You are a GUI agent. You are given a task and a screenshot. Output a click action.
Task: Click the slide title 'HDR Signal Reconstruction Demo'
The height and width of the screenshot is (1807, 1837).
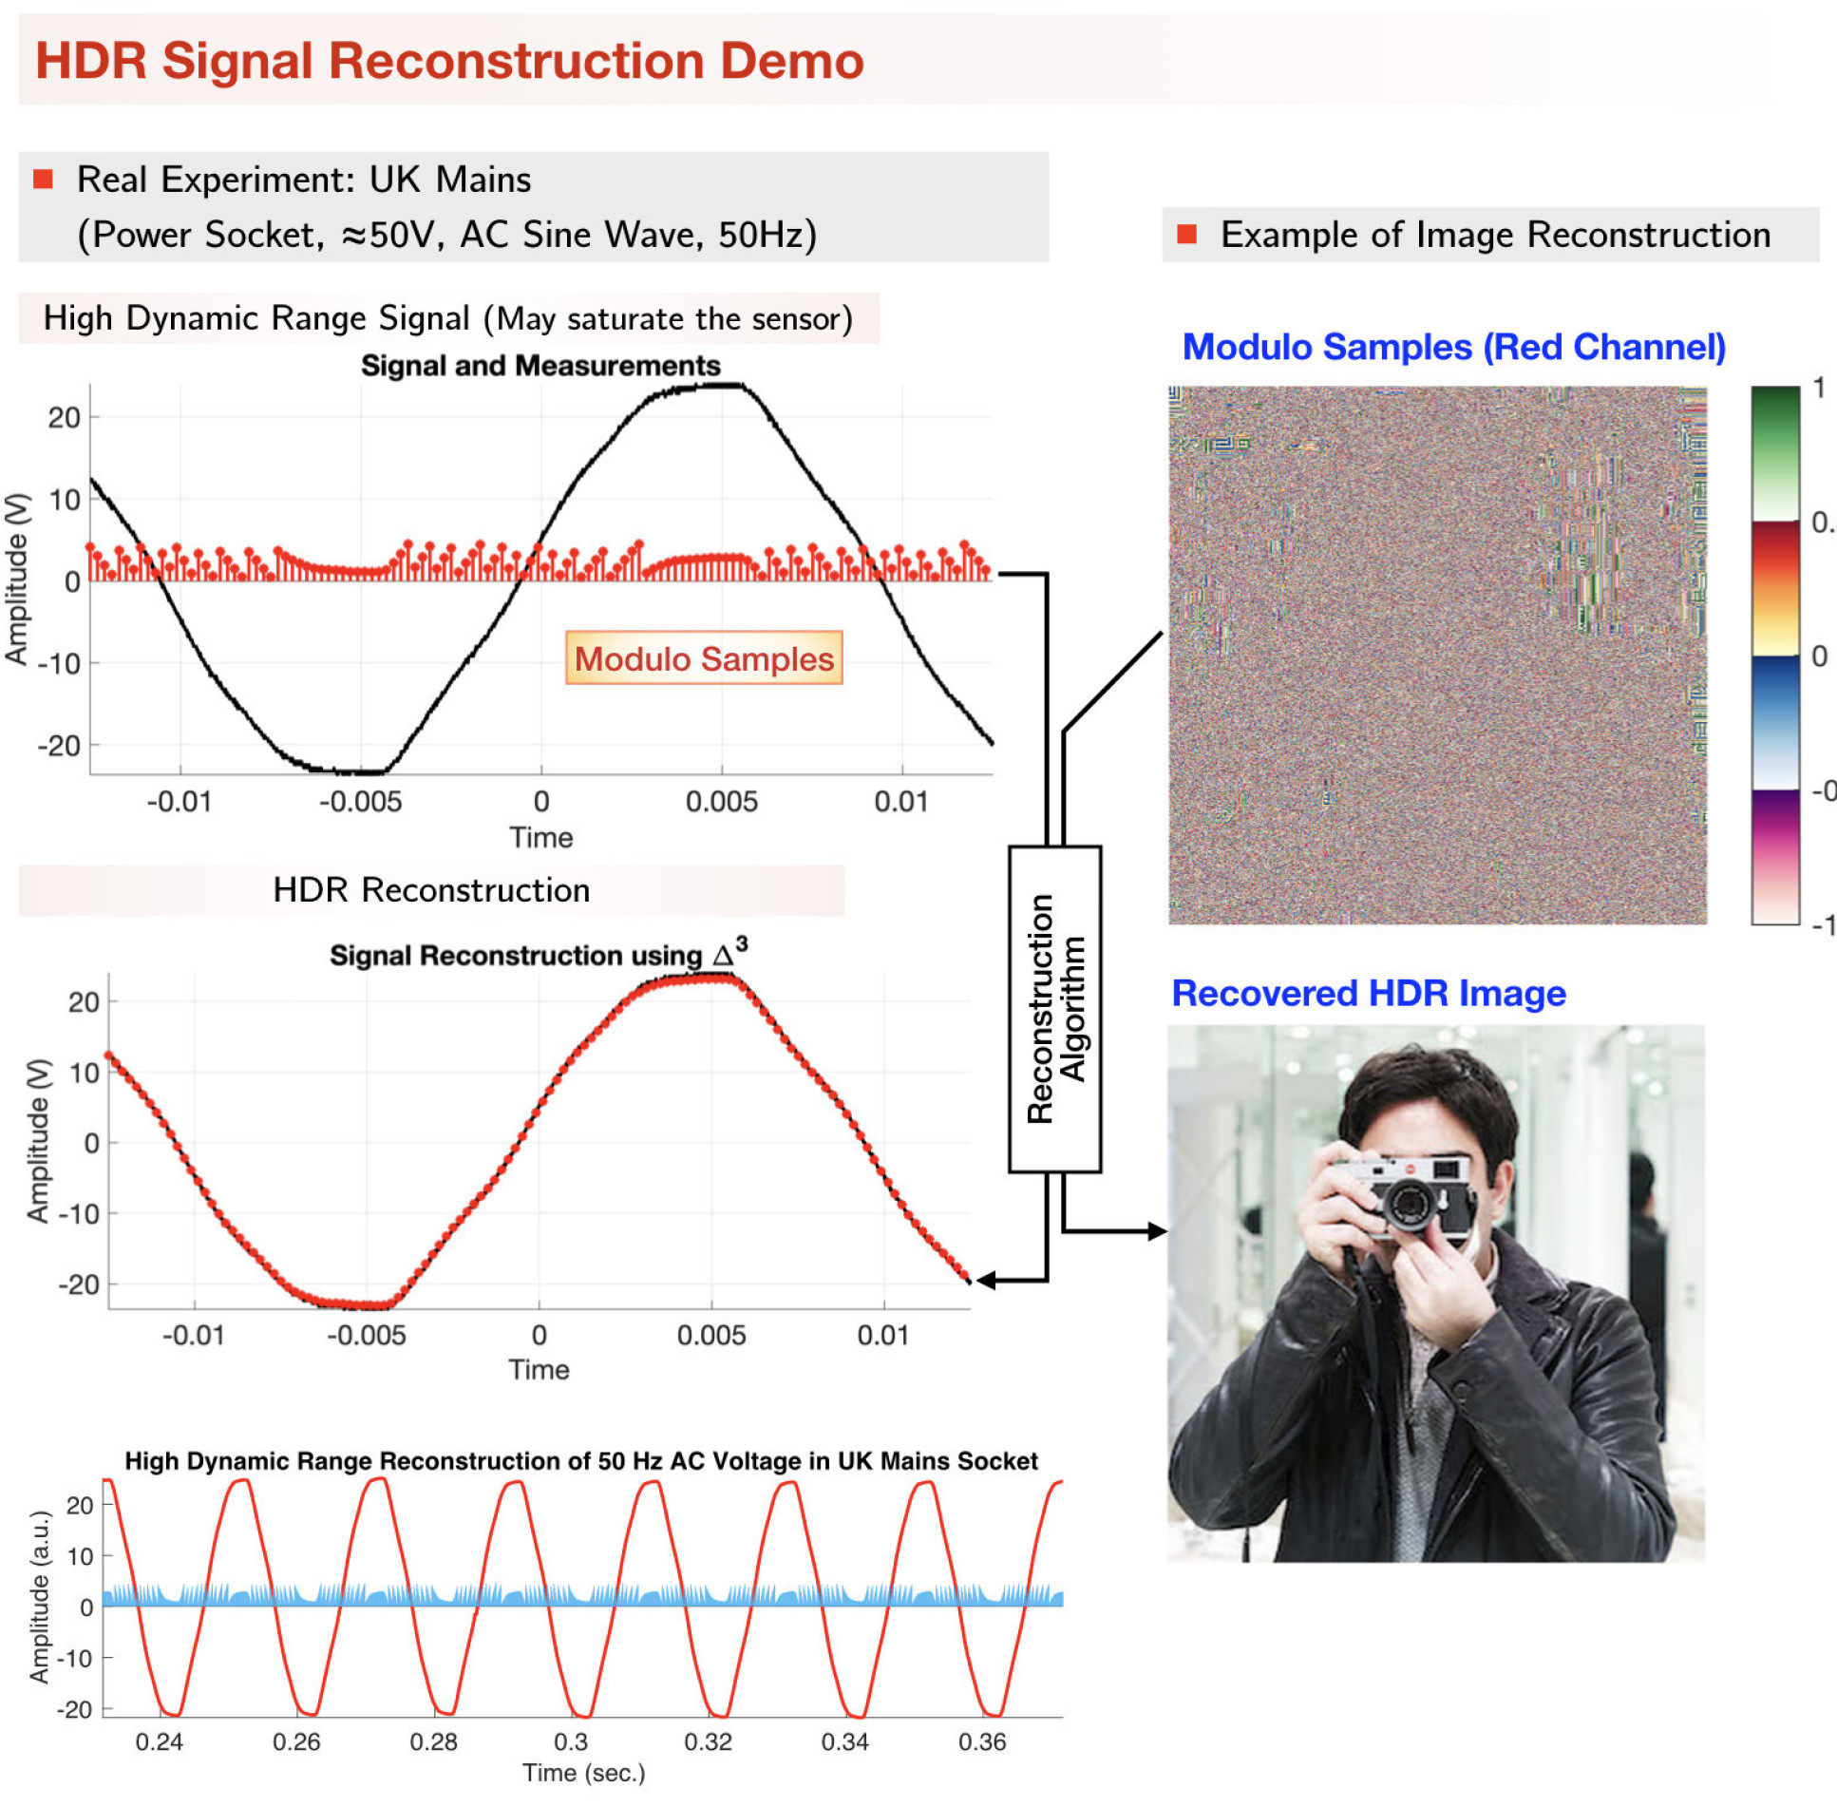449,61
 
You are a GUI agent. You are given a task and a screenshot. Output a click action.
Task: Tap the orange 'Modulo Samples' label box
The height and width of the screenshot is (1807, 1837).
704,658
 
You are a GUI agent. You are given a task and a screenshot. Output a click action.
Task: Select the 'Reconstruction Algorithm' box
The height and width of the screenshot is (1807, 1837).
1054,1009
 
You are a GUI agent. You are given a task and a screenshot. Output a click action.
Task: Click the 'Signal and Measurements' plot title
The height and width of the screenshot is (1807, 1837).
540,366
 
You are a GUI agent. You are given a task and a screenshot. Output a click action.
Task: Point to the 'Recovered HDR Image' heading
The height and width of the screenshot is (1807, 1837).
1368,994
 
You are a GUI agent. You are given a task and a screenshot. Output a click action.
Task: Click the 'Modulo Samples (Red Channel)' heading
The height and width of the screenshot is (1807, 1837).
1453,348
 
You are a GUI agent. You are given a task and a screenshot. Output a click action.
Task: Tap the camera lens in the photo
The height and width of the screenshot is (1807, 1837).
1409,1203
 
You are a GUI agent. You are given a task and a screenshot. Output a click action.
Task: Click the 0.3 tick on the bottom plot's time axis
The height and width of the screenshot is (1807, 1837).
571,1741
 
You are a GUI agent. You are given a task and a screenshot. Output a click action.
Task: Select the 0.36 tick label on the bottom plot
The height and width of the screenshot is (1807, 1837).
981,1741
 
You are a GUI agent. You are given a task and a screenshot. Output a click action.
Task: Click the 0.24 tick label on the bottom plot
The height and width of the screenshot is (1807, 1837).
159,1741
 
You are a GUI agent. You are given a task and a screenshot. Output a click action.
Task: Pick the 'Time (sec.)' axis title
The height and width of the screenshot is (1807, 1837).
583,1774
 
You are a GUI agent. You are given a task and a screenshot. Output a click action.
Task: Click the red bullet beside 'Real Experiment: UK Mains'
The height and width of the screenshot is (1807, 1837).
43,180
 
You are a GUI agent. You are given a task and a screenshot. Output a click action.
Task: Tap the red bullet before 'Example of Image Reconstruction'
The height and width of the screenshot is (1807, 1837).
1186,235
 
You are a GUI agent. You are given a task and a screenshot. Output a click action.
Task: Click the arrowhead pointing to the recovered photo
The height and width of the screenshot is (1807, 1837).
1157,1231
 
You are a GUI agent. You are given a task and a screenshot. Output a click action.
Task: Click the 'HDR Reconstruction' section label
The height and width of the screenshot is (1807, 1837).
431,890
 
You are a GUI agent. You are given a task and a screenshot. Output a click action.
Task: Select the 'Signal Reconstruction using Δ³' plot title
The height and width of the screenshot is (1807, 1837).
538,954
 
